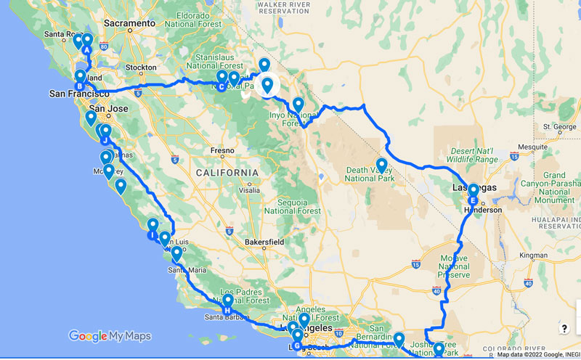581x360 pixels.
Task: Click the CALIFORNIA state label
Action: [227, 172]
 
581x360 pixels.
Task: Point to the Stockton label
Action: [142, 67]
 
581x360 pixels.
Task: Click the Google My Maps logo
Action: [110, 335]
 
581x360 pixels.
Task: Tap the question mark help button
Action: [564, 329]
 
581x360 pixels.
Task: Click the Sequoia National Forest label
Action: [293, 202]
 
